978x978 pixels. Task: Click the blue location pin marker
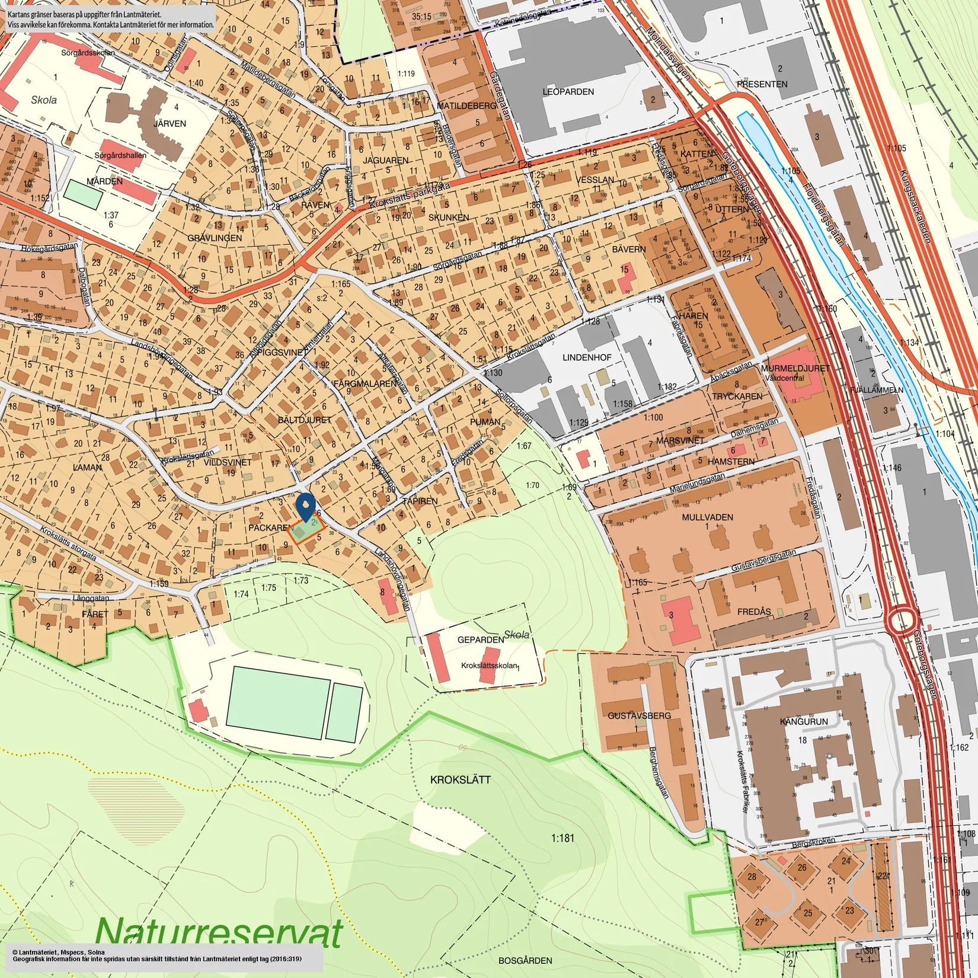(305, 506)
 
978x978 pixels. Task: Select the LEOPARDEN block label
(568, 92)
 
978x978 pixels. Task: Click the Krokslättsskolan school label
(489, 666)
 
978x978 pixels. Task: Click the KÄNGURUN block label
(804, 721)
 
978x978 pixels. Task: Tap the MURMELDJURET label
(795, 368)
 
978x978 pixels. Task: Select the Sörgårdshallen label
(120, 155)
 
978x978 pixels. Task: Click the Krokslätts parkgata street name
(409, 196)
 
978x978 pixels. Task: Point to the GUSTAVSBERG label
(639, 715)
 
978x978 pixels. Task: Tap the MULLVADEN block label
(707, 517)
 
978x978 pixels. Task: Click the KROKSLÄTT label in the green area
(460, 779)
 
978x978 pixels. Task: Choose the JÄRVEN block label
(170, 123)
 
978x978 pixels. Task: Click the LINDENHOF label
(587, 357)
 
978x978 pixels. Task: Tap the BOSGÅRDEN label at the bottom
(525, 960)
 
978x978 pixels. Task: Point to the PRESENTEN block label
(762, 84)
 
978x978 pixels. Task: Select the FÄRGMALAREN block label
(365, 383)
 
